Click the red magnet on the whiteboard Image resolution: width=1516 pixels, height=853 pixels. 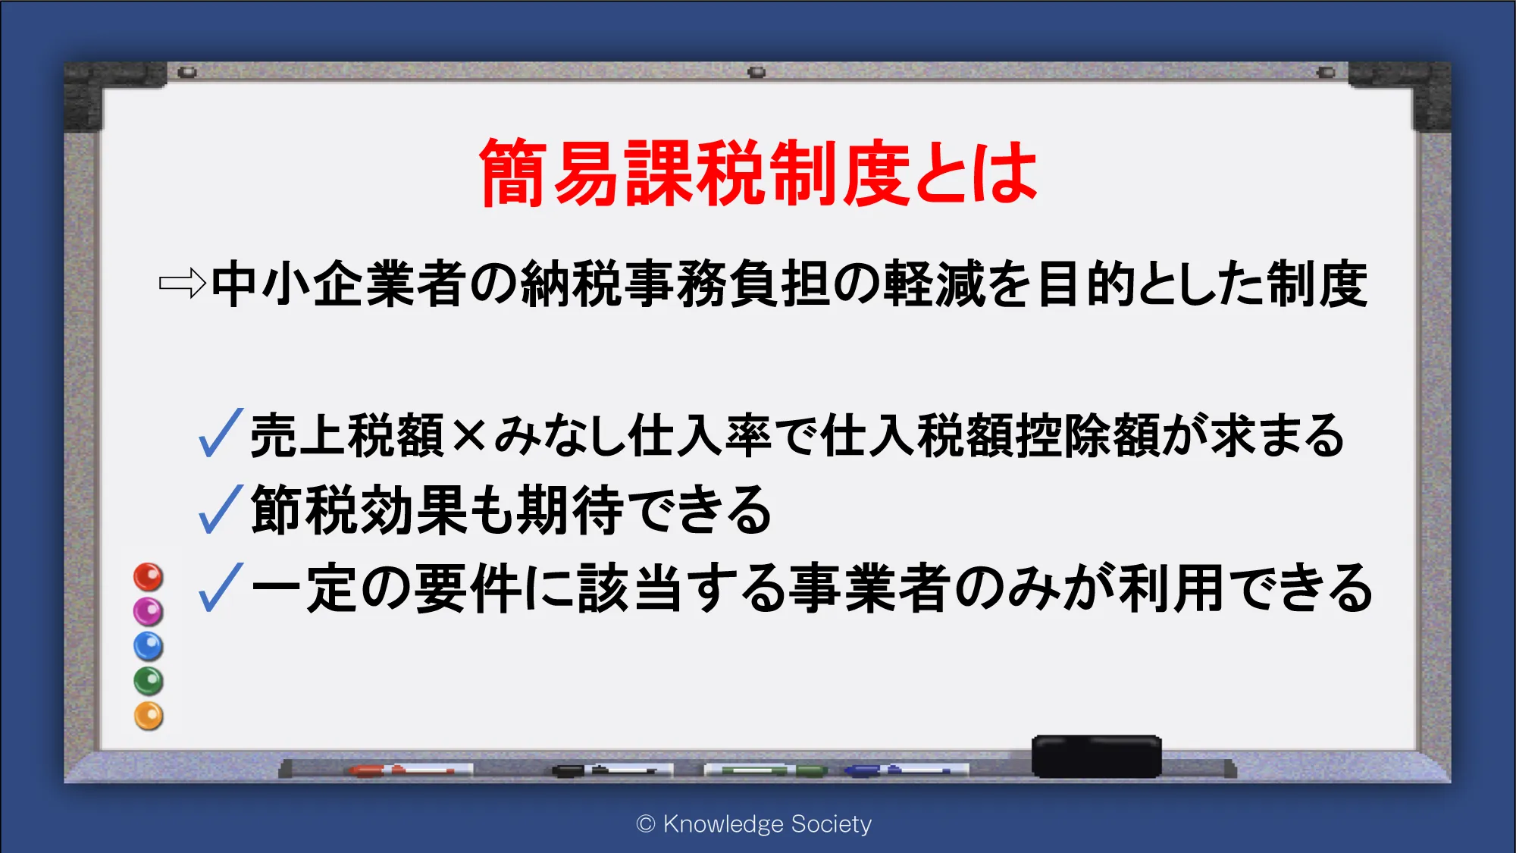click(149, 577)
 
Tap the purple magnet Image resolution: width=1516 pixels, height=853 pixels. click(149, 611)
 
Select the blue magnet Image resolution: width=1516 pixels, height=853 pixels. click(149, 646)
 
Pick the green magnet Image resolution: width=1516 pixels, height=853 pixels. click(149, 681)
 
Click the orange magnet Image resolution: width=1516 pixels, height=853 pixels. click(149, 716)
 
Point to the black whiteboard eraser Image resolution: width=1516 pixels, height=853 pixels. click(1096, 756)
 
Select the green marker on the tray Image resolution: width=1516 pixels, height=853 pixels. click(765, 770)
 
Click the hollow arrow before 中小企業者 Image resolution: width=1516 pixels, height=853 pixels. click(183, 284)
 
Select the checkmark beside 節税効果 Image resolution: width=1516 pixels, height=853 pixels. click(221, 509)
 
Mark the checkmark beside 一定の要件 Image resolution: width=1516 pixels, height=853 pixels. click(221, 587)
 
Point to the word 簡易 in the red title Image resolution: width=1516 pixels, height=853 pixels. click(549, 174)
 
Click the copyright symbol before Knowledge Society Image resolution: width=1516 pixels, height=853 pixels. click(646, 824)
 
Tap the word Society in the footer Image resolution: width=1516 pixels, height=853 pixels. click(831, 824)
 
